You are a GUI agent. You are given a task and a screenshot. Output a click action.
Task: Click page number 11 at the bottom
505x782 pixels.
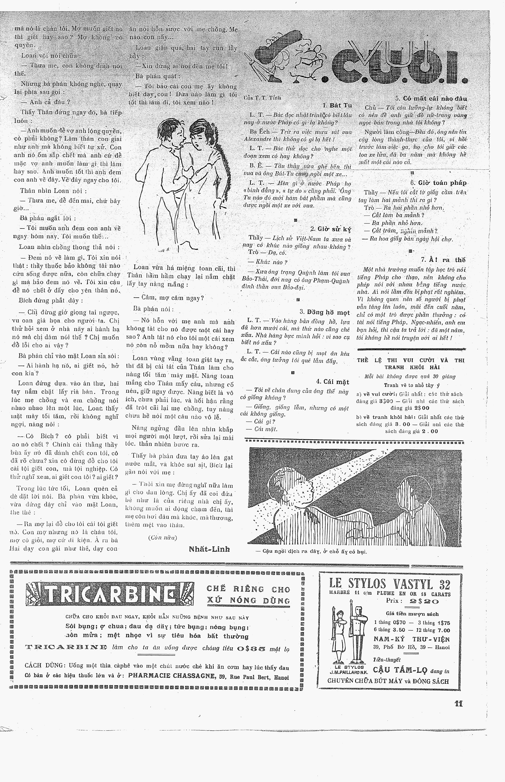click(x=458, y=704)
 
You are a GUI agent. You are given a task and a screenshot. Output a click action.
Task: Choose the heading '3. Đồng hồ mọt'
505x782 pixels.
click(x=325, y=312)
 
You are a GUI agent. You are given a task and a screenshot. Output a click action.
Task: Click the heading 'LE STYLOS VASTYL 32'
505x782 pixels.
click(x=390, y=584)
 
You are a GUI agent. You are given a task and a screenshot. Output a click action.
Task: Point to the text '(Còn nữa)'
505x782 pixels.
click(x=162, y=537)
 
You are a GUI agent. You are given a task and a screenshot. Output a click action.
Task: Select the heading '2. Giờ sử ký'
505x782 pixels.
click(x=330, y=229)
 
